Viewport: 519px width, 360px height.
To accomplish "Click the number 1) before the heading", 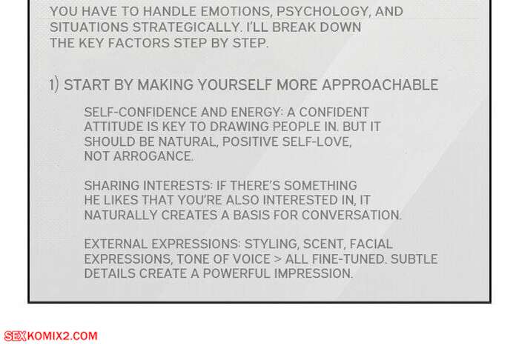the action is (x=54, y=85).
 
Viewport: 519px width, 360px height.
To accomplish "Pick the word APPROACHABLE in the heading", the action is (x=380, y=85).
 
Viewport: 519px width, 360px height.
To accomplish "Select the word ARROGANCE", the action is (x=153, y=156).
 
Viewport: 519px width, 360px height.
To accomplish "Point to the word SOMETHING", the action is (x=320, y=186).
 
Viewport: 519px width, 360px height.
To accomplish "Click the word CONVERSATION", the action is (x=351, y=216).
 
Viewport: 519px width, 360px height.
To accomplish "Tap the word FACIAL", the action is (x=371, y=244).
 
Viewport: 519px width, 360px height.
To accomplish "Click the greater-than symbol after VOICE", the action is (x=277, y=259).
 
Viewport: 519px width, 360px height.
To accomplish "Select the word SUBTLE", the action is (x=414, y=259).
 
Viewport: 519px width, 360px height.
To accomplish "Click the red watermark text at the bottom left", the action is (x=50, y=336).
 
